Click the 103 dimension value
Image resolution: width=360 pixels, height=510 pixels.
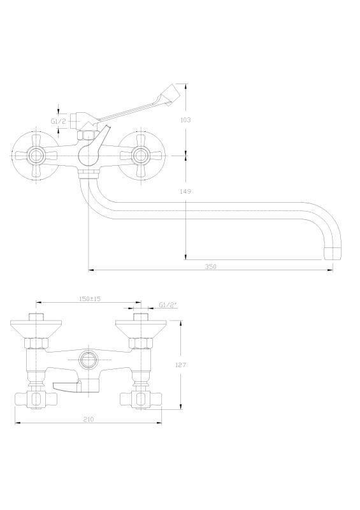click(185, 120)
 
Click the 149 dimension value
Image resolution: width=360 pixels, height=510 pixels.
click(185, 192)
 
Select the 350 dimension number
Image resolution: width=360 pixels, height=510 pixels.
click(210, 266)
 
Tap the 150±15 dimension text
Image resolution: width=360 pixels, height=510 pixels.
click(90, 298)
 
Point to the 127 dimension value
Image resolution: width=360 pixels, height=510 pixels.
click(180, 365)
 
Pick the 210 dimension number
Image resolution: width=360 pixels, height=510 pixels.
click(88, 419)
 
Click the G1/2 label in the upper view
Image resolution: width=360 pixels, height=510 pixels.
click(59, 121)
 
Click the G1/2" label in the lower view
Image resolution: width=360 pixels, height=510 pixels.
click(168, 305)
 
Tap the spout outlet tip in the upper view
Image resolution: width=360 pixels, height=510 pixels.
click(333, 253)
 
